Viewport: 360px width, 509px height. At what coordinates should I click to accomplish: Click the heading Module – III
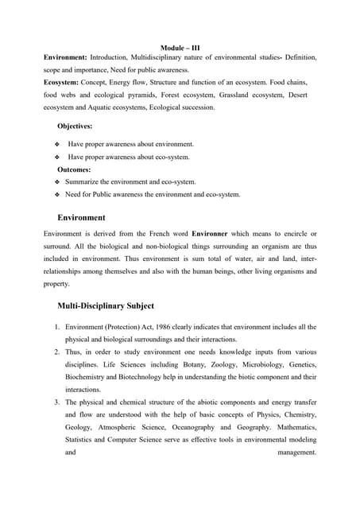(x=180, y=48)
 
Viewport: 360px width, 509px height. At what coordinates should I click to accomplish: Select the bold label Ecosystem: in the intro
(x=65, y=83)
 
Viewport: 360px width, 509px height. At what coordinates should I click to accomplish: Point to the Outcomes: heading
(x=74, y=169)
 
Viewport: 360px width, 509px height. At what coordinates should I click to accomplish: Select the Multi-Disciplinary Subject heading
(x=106, y=305)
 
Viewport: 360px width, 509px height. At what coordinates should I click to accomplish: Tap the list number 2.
(x=57, y=352)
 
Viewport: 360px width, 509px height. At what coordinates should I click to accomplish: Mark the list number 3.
(x=57, y=402)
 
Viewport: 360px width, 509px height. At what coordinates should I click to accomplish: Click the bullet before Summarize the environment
(x=57, y=182)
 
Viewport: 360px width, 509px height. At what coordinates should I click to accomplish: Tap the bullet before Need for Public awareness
(x=57, y=195)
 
